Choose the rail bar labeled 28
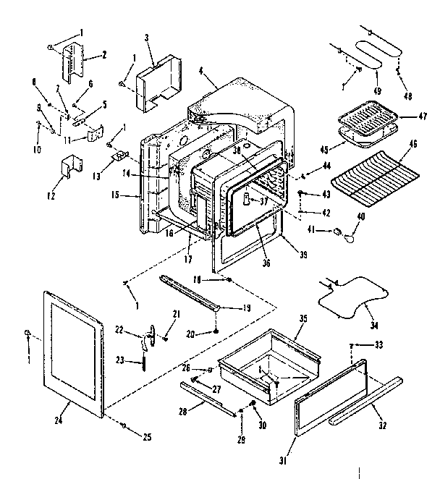tap(210, 399)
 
